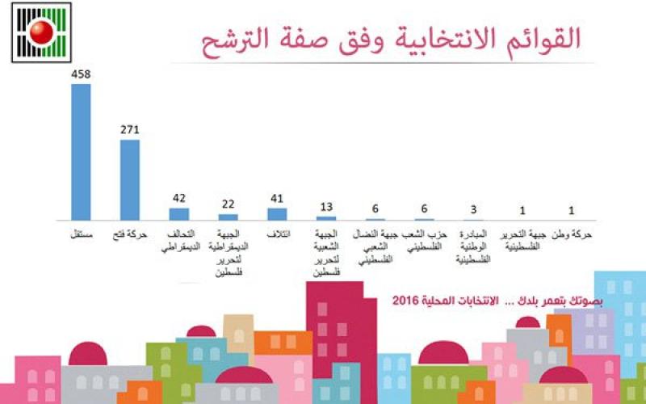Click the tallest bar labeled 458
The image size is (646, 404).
81,151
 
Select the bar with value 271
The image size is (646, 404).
130,179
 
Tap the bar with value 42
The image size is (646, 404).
178,214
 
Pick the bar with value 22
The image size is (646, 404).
229,217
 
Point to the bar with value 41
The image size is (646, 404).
277,214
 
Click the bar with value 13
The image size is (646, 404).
326,218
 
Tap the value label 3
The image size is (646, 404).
473,211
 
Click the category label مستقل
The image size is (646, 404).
81,234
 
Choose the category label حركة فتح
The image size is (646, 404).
130,234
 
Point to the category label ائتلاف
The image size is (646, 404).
278,234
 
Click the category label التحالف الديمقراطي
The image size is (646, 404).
179,241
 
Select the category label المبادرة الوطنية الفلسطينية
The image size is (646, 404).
473,246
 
